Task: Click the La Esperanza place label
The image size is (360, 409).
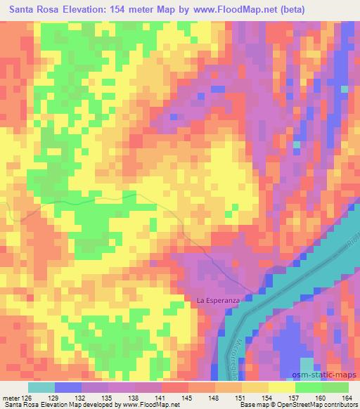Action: tap(218, 301)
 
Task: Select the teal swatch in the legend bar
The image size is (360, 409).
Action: tap(41, 387)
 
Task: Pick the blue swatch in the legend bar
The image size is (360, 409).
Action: tap(68, 387)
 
